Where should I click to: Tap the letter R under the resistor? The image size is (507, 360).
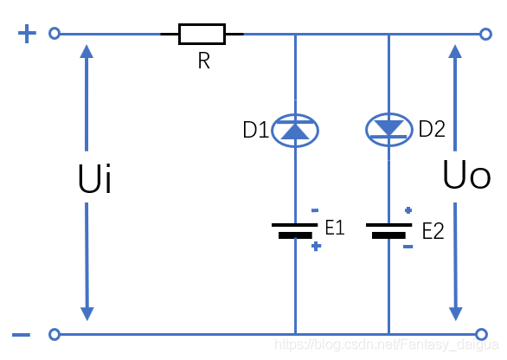coord(204,61)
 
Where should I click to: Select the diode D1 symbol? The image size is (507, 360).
coord(295,131)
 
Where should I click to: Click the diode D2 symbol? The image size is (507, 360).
coord(389,130)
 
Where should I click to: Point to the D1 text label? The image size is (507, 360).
coord(256,130)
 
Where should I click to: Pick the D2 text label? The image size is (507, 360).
coord(432,129)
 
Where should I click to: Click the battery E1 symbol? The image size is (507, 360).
coord(295,230)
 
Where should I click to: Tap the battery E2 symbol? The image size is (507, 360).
coord(389,230)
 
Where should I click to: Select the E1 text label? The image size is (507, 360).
coord(335,228)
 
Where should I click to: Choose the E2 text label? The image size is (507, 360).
coord(433,231)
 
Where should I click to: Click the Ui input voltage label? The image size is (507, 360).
coord(94,178)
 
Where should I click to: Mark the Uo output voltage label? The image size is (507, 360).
coord(466,175)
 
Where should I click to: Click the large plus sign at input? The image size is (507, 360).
coord(27,33)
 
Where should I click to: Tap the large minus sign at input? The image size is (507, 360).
coord(22,335)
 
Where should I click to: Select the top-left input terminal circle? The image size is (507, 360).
coord(55,33)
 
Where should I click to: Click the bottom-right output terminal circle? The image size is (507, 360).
coord(481,334)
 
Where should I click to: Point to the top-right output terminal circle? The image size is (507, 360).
coord(485,34)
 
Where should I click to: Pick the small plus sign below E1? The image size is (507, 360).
coord(317,247)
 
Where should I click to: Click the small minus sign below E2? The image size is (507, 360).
coord(408,247)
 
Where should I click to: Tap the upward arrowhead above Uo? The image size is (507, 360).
coord(455,52)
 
